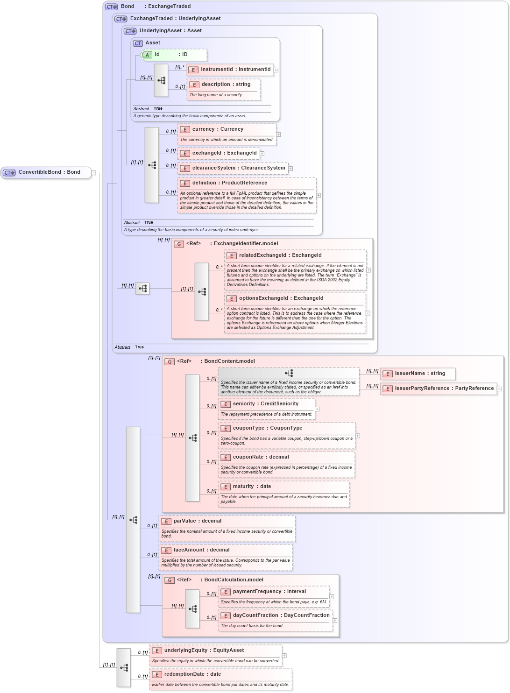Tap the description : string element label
pos(226,85)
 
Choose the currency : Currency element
pos(217,129)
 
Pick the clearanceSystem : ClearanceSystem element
pos(238,168)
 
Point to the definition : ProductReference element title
pos(229,183)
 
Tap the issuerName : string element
pos(419,374)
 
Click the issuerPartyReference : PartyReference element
pos(444,389)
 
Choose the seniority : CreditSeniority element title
pos(265,404)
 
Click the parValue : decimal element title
pos(197,521)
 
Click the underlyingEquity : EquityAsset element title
pos(204,651)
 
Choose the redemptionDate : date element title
pos(192,674)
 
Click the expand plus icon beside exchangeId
pos(262,154)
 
